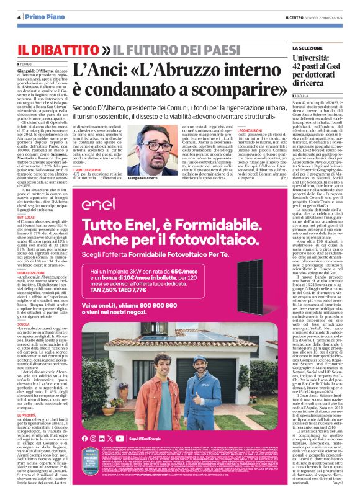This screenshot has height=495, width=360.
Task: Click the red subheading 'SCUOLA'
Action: tap(23, 324)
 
